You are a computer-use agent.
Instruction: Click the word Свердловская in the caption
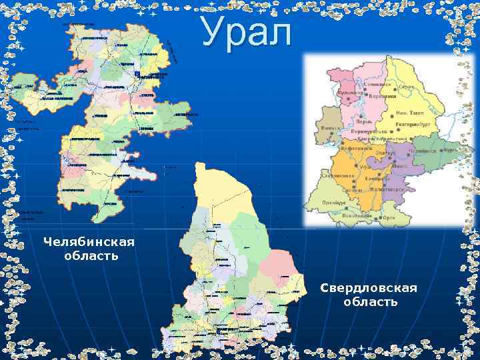coord(369,287)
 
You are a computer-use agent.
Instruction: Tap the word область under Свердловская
coord(371,302)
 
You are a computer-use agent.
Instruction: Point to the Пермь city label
coord(363,123)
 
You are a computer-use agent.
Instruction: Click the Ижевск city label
coord(331,128)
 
